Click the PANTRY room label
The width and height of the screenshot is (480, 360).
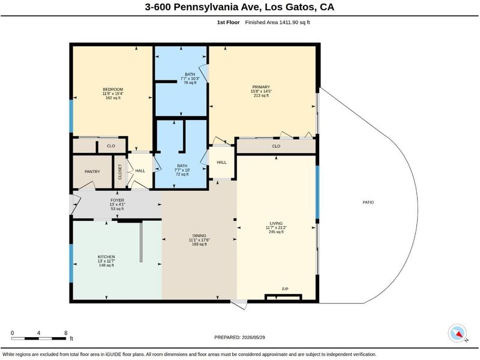(x=92, y=172)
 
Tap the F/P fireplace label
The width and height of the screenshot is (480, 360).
(x=285, y=289)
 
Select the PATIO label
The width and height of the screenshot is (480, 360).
(x=368, y=202)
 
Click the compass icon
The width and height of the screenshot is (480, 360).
(x=458, y=334)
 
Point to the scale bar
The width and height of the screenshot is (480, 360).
(x=38, y=338)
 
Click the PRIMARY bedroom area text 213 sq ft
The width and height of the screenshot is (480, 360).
(x=261, y=95)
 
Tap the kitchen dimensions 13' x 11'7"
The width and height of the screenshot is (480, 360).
(x=106, y=261)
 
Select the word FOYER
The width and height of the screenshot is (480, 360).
(x=117, y=200)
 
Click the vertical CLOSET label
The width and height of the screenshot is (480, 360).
(x=120, y=172)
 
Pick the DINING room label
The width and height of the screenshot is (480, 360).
(x=199, y=236)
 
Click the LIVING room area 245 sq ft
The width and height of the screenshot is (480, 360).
(x=276, y=232)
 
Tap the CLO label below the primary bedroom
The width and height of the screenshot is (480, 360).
(x=276, y=146)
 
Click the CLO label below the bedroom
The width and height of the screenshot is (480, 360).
(x=111, y=146)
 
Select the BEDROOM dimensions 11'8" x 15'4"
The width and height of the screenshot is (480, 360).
(x=113, y=94)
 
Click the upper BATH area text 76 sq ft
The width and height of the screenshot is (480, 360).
(x=190, y=83)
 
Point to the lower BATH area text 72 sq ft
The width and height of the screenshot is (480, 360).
(x=182, y=175)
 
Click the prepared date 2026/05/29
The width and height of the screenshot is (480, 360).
(x=253, y=337)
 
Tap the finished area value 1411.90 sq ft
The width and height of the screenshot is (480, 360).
(x=295, y=22)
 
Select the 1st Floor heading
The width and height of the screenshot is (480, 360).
(x=229, y=22)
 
